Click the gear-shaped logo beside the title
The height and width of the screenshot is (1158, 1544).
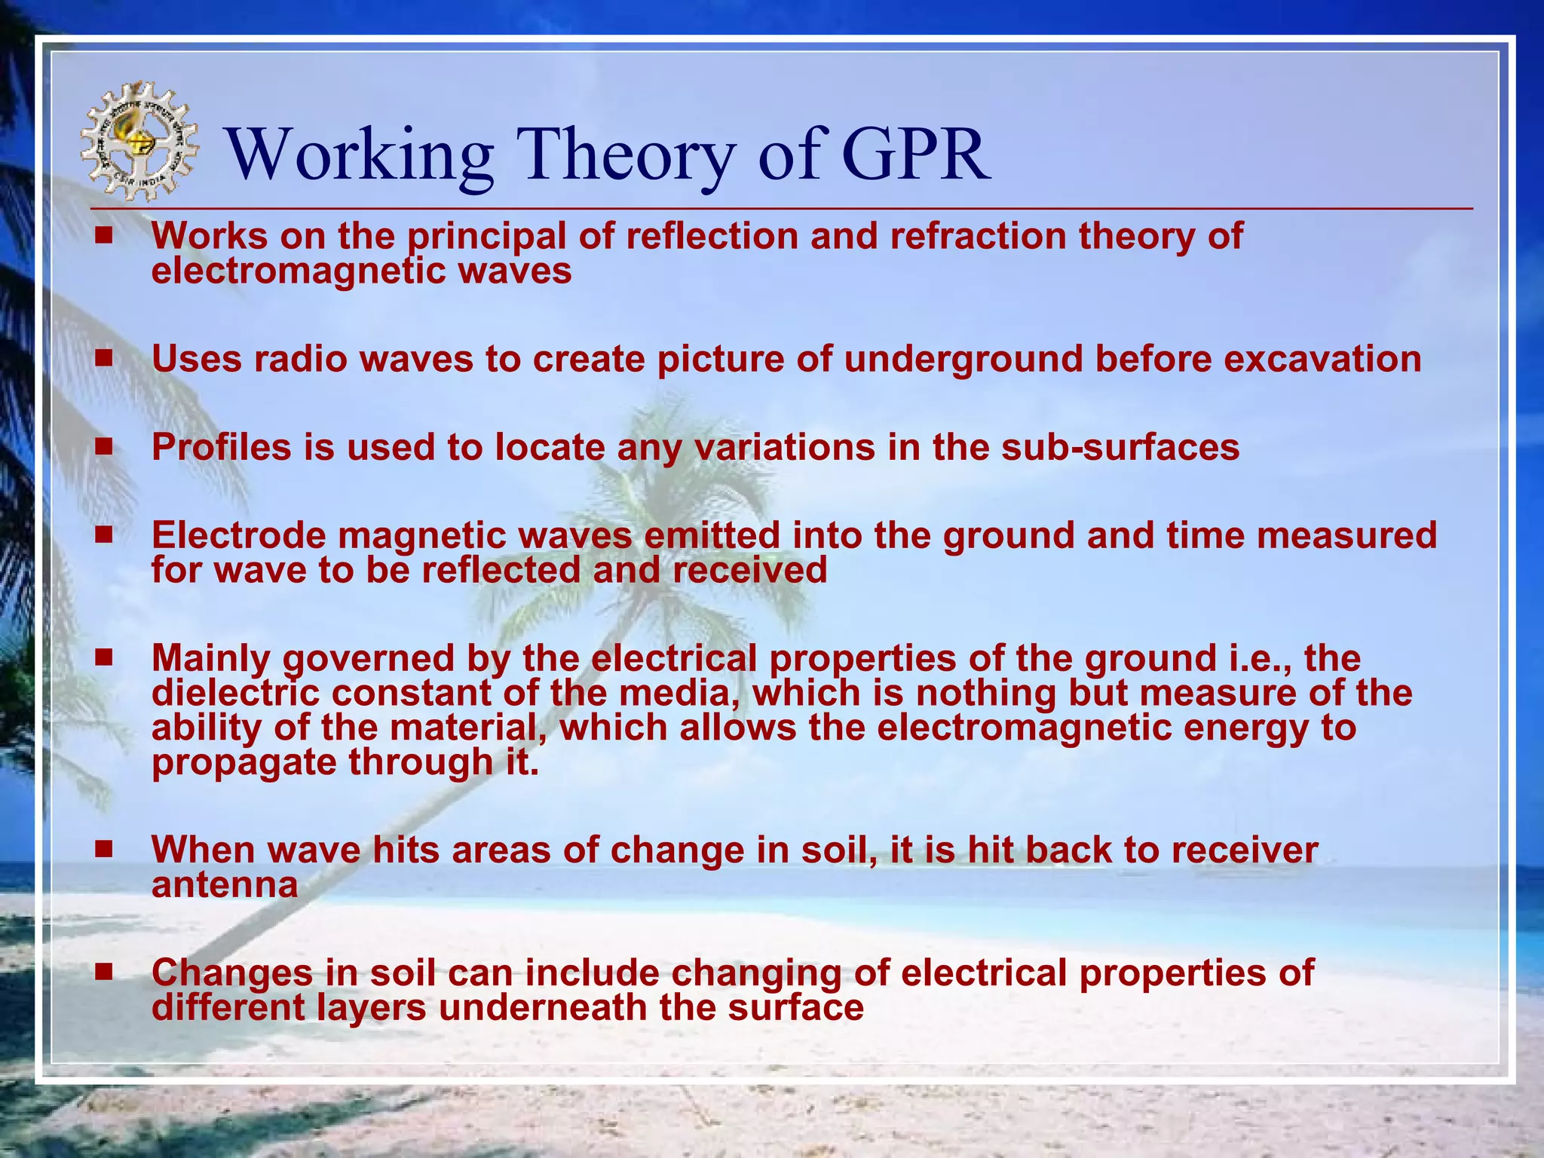(x=140, y=142)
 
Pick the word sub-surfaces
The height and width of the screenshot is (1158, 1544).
(x=1120, y=447)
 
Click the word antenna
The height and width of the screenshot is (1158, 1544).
(x=225, y=884)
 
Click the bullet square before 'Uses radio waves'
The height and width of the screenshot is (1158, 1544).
(x=104, y=358)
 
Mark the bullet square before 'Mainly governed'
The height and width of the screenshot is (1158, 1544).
(x=104, y=657)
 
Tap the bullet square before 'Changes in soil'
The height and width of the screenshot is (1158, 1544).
(x=104, y=971)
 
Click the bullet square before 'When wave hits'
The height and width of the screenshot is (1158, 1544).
(x=104, y=849)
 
